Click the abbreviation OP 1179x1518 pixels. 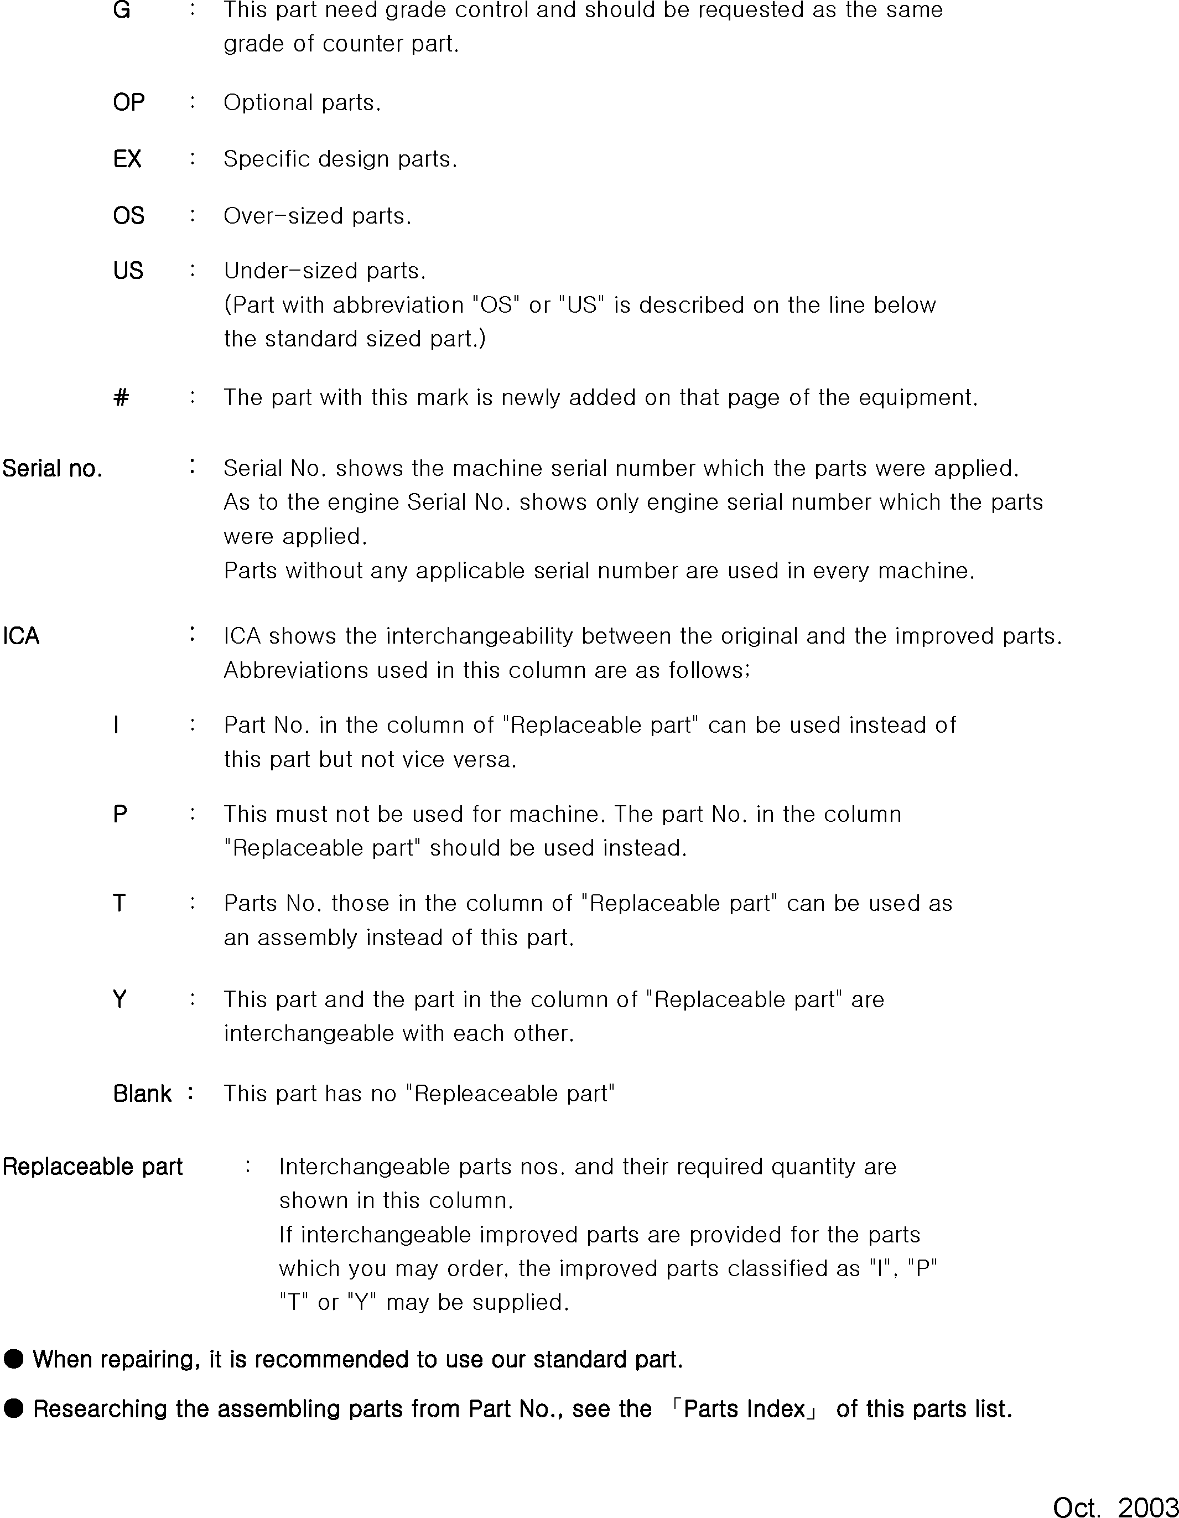point(128,103)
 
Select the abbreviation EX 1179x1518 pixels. point(127,159)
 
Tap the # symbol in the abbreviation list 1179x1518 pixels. point(121,397)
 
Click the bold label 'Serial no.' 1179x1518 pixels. point(53,469)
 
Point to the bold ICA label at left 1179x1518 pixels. point(22,636)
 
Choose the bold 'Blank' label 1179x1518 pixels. point(142,1094)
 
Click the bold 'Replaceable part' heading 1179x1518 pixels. point(92,1167)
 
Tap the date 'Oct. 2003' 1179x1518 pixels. point(1114,1505)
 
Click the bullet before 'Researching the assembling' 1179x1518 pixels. point(13,1410)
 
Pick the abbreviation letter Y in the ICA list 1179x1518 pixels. point(120,999)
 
